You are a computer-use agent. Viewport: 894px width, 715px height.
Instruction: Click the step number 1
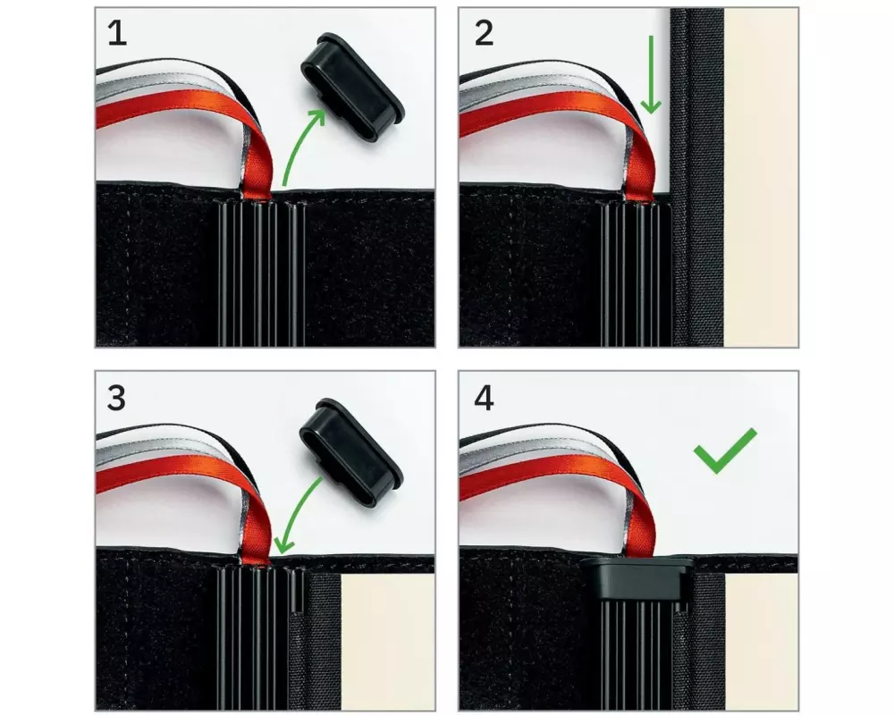(117, 34)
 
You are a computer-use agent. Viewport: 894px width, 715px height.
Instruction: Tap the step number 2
(484, 34)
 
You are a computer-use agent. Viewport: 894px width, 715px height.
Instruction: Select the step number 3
(116, 398)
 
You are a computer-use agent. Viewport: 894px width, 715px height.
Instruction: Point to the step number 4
(484, 398)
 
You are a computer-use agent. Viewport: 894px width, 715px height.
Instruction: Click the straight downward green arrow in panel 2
(651, 74)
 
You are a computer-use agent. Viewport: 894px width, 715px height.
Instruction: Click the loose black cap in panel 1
(352, 88)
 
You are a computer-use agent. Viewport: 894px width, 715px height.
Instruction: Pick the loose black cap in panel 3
(351, 451)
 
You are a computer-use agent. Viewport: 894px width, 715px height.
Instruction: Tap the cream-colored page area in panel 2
(761, 177)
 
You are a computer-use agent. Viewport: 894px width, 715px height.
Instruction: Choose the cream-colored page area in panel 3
(388, 642)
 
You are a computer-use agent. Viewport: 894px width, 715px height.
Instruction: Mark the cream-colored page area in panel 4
(761, 642)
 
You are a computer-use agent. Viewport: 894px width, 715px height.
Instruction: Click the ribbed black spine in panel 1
(261, 273)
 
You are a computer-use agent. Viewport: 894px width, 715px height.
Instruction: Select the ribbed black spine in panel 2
(637, 273)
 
